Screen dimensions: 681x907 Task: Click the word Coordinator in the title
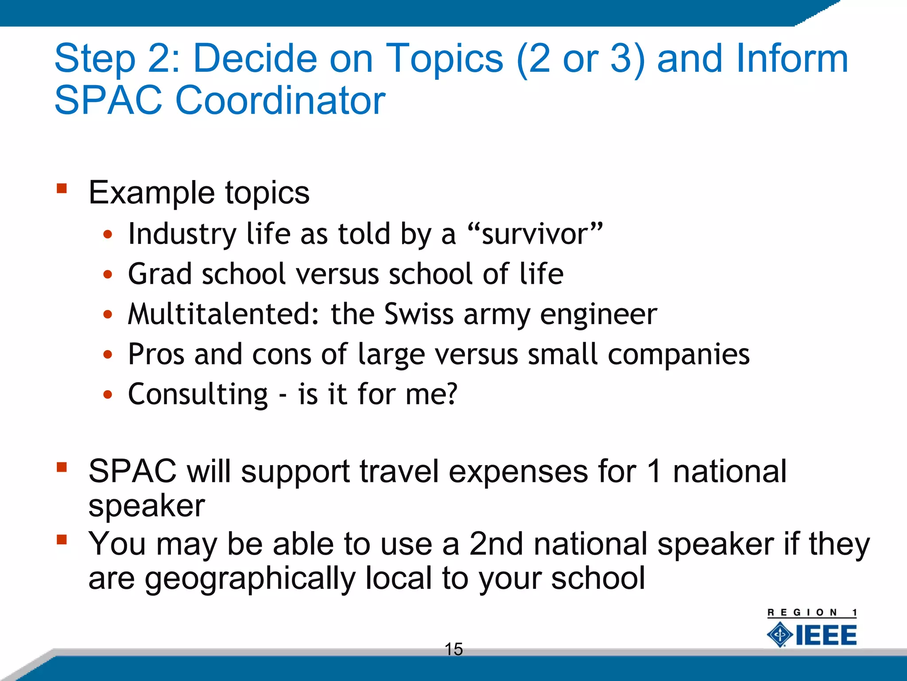pyautogui.click(x=280, y=101)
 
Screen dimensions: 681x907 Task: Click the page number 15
pyautogui.click(x=453, y=649)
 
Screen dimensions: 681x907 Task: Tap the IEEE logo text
pyautogui.click(x=826, y=635)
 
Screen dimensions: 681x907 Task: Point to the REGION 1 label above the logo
pyautogui.click(x=812, y=613)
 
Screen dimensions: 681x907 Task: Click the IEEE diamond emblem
pyautogui.click(x=780, y=635)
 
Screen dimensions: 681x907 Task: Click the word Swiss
pyautogui.click(x=419, y=314)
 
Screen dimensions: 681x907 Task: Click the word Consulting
pyautogui.click(x=198, y=394)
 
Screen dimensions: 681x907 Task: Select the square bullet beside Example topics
pyautogui.click(x=62, y=189)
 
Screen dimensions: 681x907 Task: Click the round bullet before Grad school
pyautogui.click(x=108, y=275)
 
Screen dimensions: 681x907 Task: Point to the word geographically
pyautogui.click(x=250, y=579)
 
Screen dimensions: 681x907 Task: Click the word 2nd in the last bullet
pyautogui.click(x=496, y=544)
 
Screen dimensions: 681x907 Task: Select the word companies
pyautogui.click(x=678, y=355)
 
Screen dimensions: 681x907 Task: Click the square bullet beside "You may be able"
pyautogui.click(x=62, y=540)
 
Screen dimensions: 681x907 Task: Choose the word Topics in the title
pyautogui.click(x=444, y=59)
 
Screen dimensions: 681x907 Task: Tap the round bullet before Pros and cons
pyautogui.click(x=108, y=355)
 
